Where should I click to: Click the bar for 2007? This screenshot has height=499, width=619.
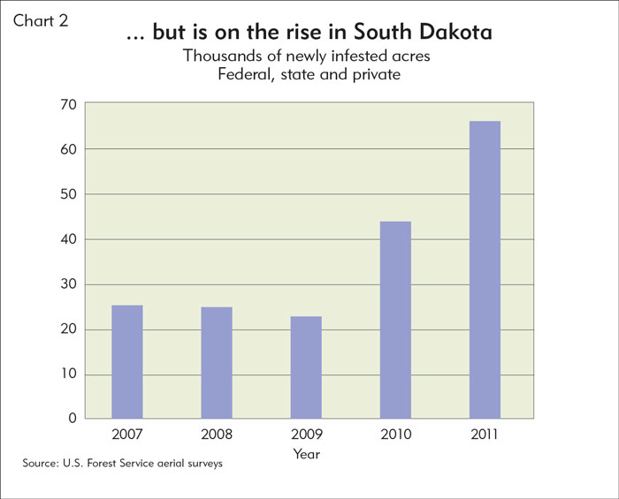(x=127, y=361)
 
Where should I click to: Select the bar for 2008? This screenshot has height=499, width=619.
(x=217, y=363)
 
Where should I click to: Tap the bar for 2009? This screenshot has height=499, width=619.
(x=306, y=367)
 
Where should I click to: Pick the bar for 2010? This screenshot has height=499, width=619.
(x=395, y=320)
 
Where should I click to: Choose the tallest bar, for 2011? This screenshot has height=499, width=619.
(x=485, y=269)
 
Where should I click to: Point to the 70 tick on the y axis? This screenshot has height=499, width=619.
(x=69, y=104)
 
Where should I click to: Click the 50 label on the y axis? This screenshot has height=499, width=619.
(x=69, y=194)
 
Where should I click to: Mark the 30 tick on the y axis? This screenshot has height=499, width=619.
(x=69, y=284)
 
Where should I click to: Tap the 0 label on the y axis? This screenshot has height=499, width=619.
(x=73, y=418)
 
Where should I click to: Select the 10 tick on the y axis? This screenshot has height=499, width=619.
(x=69, y=374)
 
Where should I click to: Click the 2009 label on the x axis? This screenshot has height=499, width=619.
(x=307, y=435)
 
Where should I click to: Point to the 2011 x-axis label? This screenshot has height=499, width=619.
(x=485, y=435)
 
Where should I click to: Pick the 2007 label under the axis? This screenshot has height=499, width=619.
(x=127, y=435)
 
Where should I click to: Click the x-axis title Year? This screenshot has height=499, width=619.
(x=307, y=454)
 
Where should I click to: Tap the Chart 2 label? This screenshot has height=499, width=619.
(x=41, y=21)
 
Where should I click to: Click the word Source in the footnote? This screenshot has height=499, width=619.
(x=40, y=463)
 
